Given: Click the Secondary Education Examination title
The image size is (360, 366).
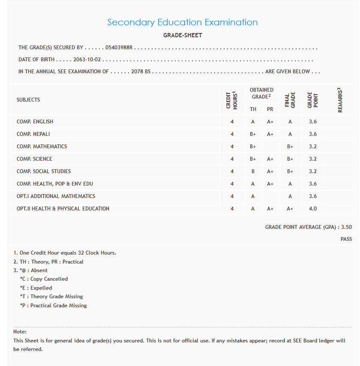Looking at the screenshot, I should click(x=183, y=22).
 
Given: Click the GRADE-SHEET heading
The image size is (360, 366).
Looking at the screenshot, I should click(x=183, y=35).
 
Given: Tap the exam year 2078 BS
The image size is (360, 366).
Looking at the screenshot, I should click(x=141, y=72).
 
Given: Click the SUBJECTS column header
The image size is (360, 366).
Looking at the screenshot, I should click(x=28, y=100).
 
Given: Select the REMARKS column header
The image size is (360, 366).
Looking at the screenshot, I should click(x=340, y=100).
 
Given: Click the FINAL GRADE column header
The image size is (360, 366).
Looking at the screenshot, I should click(x=290, y=100).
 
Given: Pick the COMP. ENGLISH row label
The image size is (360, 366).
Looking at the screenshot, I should click(x=35, y=122).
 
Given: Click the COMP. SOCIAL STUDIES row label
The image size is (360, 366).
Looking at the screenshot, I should click(x=44, y=171).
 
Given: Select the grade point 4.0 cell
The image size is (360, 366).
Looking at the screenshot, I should click(x=313, y=209).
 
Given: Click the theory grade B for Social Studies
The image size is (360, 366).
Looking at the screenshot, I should click(x=253, y=171).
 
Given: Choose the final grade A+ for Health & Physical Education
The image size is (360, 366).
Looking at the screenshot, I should click(x=290, y=209).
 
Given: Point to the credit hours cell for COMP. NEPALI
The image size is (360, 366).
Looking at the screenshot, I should click(x=232, y=134).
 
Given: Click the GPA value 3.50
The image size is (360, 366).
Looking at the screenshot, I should click(x=346, y=227).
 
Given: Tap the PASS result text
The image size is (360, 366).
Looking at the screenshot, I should click(x=346, y=239).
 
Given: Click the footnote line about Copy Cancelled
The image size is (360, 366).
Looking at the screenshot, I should click(x=44, y=279).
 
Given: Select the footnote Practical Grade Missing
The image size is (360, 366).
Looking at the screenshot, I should click(x=54, y=306).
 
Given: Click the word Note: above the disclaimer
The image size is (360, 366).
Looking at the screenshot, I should click(x=20, y=332).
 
